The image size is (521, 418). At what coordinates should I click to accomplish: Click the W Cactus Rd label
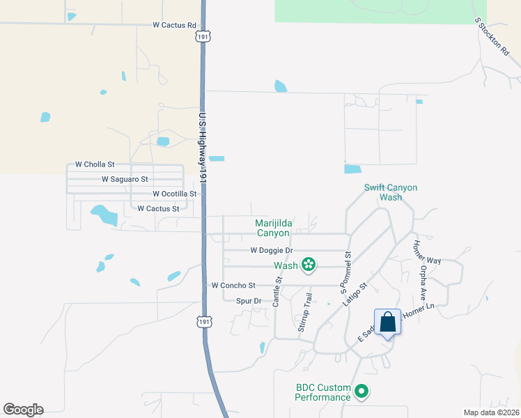click(x=174, y=25)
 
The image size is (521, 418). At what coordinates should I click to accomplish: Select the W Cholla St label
click(x=94, y=164)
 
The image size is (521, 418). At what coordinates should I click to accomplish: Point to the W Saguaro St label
click(x=125, y=179)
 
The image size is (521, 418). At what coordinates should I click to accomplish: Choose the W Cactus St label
click(x=158, y=208)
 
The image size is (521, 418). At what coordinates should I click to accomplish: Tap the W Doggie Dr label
click(x=271, y=251)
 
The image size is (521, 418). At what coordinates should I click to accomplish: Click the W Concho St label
click(x=233, y=286)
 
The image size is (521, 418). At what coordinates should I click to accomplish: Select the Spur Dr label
click(x=248, y=301)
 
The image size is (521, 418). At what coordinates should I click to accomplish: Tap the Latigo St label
click(x=355, y=295)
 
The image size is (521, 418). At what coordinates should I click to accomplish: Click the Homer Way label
click(x=427, y=250)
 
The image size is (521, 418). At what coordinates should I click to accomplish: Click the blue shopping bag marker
click(x=388, y=323)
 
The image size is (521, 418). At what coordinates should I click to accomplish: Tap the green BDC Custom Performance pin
click(x=361, y=392)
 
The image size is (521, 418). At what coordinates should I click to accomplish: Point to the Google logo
click(x=23, y=410)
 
